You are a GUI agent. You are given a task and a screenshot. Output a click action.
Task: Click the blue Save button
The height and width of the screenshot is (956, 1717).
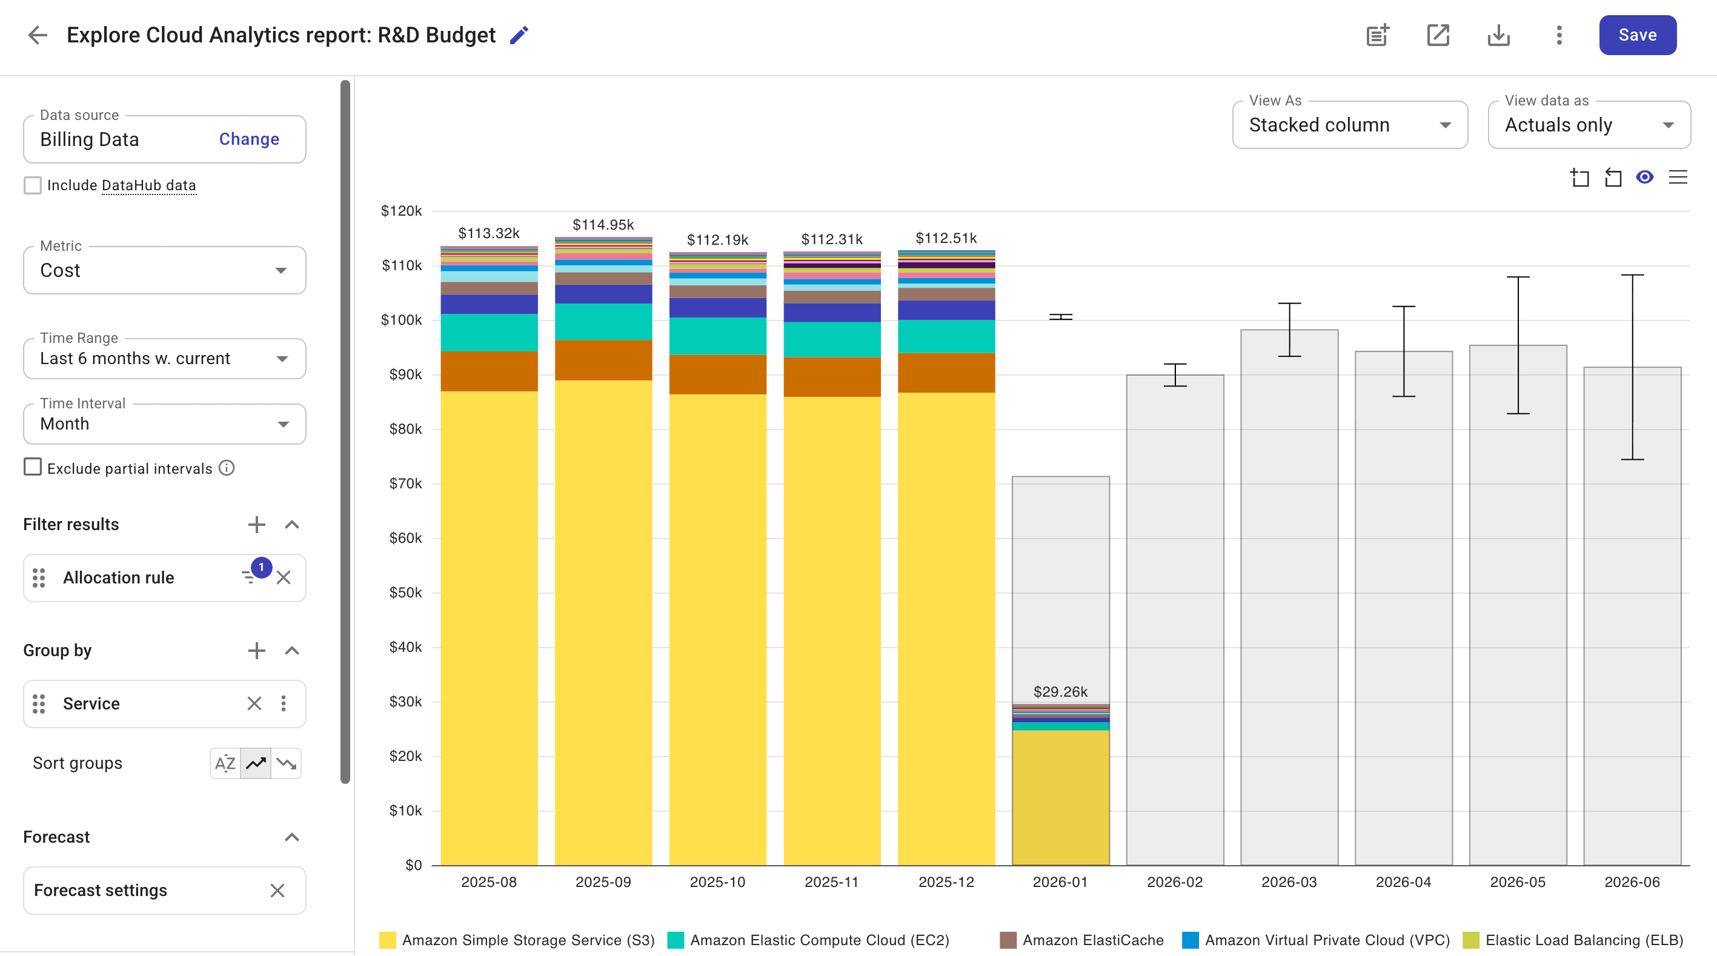[1637, 35]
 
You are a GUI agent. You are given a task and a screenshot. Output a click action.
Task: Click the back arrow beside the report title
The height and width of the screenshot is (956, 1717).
[38, 35]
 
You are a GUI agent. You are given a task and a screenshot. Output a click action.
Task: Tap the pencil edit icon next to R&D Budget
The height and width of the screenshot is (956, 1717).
[519, 35]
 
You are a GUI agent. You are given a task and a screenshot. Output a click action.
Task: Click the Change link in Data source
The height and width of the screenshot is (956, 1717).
[248, 139]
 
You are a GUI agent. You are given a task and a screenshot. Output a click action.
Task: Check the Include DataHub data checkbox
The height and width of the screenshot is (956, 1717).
[33, 185]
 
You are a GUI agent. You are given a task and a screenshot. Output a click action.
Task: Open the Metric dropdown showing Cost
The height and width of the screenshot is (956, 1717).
[164, 270]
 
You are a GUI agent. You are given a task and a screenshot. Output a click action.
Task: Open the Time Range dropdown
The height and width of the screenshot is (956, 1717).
[164, 358]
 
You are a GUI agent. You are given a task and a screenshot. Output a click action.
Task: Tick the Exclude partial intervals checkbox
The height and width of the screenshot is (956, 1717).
[33, 467]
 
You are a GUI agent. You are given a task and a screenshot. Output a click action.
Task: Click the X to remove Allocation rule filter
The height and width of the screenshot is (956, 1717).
[284, 577]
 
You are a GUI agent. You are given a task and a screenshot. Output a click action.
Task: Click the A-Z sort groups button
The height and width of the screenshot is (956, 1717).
[225, 763]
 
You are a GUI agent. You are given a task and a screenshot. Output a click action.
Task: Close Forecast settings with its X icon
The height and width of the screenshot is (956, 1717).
[277, 890]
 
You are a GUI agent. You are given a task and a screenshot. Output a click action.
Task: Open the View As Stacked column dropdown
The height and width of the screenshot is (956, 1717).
[1349, 125]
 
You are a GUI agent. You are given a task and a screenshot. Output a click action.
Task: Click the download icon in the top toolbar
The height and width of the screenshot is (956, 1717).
[1498, 35]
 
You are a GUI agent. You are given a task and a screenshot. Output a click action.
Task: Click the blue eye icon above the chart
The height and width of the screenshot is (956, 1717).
[1644, 178]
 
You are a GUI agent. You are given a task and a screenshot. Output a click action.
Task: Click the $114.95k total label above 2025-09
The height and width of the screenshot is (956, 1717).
[603, 225]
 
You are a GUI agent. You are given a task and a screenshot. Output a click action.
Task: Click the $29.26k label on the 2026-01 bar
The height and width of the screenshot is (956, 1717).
[1060, 691]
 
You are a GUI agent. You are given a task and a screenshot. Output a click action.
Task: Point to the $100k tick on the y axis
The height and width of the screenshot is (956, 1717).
[401, 320]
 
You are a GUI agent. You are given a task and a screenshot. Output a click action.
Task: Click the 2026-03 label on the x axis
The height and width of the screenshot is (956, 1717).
[1289, 881]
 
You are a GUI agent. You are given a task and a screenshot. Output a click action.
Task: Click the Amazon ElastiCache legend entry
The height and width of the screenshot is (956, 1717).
[1092, 940]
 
